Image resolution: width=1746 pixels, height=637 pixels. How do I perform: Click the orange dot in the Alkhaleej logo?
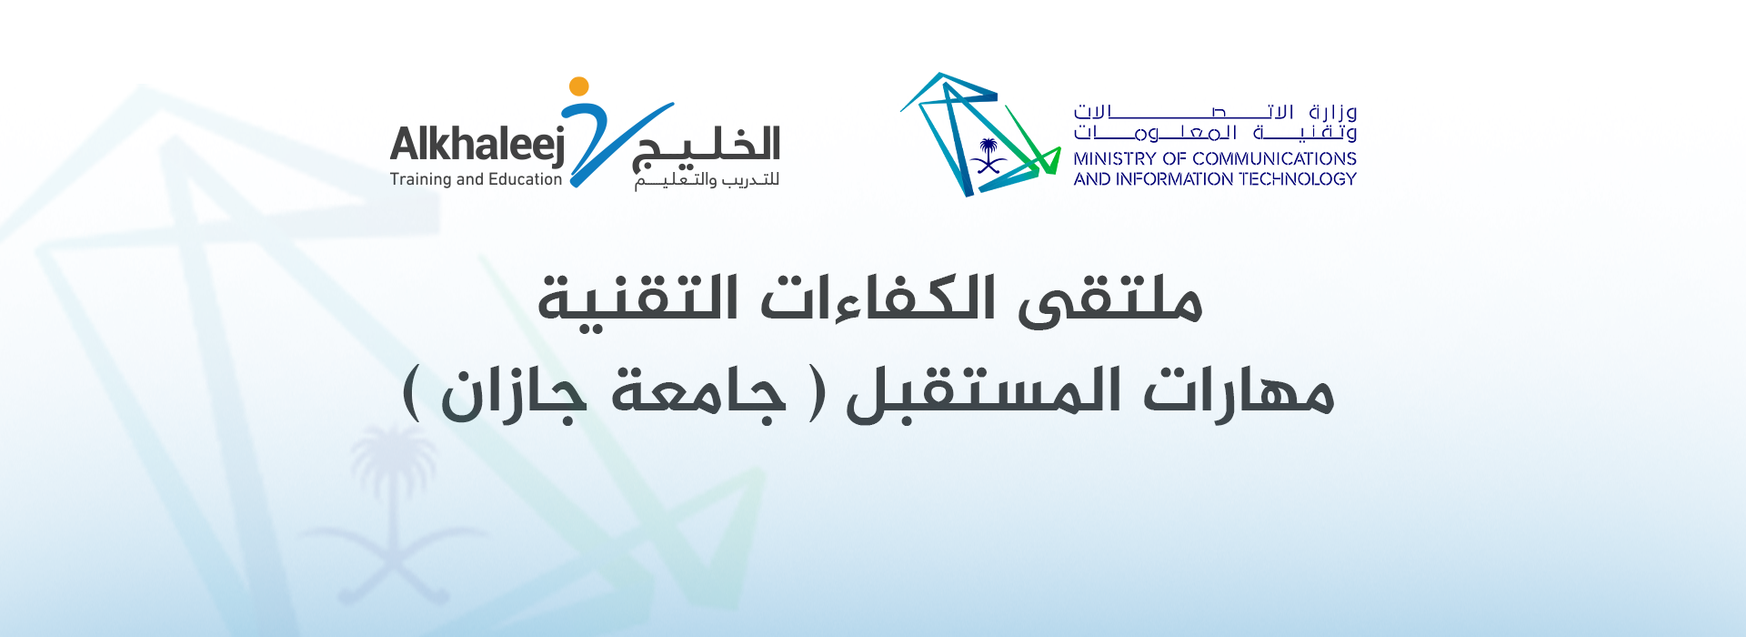click(x=578, y=86)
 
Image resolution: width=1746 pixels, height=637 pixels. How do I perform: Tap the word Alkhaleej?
click(x=477, y=146)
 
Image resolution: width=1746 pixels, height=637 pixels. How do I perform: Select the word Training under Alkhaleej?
click(x=420, y=180)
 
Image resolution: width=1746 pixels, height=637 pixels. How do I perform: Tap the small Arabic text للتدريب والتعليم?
click(x=707, y=181)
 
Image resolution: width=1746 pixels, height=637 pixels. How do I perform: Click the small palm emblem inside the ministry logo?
click(x=988, y=156)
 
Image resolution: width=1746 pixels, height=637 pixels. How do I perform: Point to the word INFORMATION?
click(x=1175, y=179)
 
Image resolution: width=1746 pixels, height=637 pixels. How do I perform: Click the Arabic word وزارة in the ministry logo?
click(x=1333, y=113)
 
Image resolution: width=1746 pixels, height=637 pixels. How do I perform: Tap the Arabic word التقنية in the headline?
click(x=637, y=300)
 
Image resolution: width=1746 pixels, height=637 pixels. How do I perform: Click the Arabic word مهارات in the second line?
click(x=1238, y=391)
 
